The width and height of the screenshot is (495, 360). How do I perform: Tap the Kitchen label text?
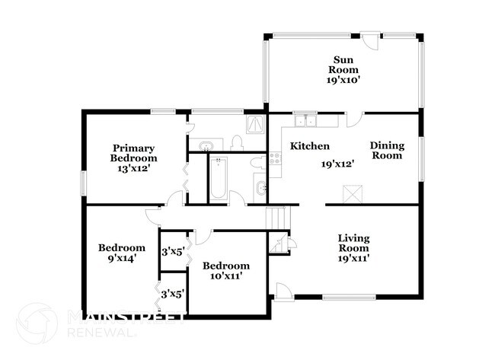pyautogui.click(x=309, y=146)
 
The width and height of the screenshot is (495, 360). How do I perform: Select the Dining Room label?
pyautogui.click(x=386, y=150)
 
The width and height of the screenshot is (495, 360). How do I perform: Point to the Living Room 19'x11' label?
pyautogui.click(x=353, y=248)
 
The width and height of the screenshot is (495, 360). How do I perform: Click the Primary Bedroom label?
pyautogui.click(x=134, y=158)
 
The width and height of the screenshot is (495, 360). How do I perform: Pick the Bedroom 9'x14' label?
pyautogui.click(x=121, y=253)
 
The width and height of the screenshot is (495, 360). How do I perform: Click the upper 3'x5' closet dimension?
pyautogui.click(x=171, y=251)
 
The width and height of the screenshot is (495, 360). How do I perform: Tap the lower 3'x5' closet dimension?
pyautogui.click(x=171, y=293)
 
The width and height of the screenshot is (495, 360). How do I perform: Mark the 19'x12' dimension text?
pyautogui.click(x=338, y=164)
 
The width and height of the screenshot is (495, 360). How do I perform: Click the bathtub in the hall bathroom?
pyautogui.click(x=219, y=178)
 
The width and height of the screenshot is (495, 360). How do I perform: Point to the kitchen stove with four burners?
pyautogui.click(x=275, y=159)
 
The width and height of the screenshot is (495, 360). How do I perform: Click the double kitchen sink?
pyautogui.click(x=306, y=119)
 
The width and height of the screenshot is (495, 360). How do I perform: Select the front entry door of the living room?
pyautogui.click(x=283, y=291)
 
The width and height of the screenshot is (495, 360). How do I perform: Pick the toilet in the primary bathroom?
pyautogui.click(x=236, y=142)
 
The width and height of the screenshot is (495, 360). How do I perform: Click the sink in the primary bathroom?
pyautogui.click(x=206, y=145)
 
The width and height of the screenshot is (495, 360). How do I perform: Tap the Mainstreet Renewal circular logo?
pyautogui.click(x=36, y=323)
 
